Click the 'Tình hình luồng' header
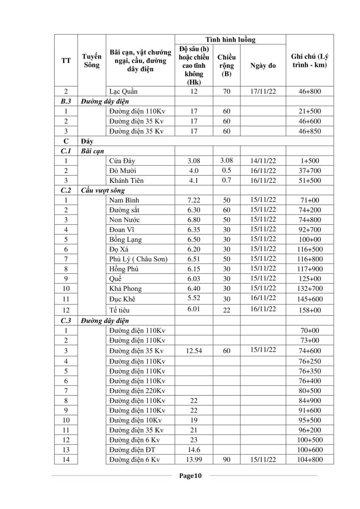click(230, 39)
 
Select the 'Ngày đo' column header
click(263, 66)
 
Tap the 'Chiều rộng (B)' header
click(226, 66)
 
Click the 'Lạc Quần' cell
click(123, 91)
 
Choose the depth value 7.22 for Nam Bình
click(193, 200)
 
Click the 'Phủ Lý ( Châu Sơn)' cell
click(138, 259)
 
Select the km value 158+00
click(310, 310)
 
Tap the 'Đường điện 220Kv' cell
click(137, 391)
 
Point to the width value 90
click(226, 460)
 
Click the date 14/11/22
click(263, 161)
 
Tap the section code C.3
click(66, 321)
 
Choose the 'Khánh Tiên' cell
click(126, 180)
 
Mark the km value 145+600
click(310, 299)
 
